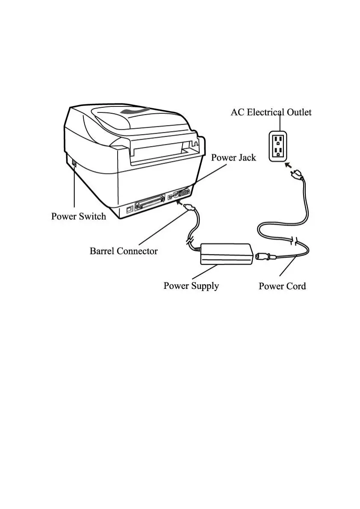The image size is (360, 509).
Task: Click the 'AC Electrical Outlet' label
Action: coord(271,112)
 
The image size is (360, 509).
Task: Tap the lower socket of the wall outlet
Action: coord(278,152)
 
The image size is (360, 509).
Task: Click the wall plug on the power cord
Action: coord(298,174)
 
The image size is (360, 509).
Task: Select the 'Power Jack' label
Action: coord(233,158)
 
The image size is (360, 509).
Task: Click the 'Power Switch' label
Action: coord(79,216)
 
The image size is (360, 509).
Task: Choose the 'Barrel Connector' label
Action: coord(124,251)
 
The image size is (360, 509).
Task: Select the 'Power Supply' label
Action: coord(191,285)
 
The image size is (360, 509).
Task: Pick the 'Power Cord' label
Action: coord(282,286)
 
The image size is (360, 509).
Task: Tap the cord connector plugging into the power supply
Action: coord(262,256)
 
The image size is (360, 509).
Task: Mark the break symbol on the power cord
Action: coord(294,241)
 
